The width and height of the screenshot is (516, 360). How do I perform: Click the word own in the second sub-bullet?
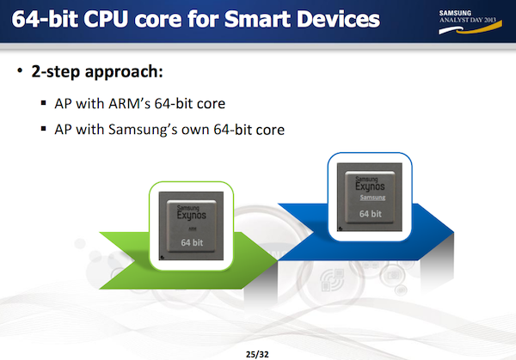pos(224,131)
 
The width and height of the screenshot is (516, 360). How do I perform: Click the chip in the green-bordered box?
pos(191,227)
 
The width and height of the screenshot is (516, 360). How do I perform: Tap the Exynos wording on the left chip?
pos(191,217)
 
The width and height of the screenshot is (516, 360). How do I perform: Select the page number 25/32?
pos(258,351)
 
